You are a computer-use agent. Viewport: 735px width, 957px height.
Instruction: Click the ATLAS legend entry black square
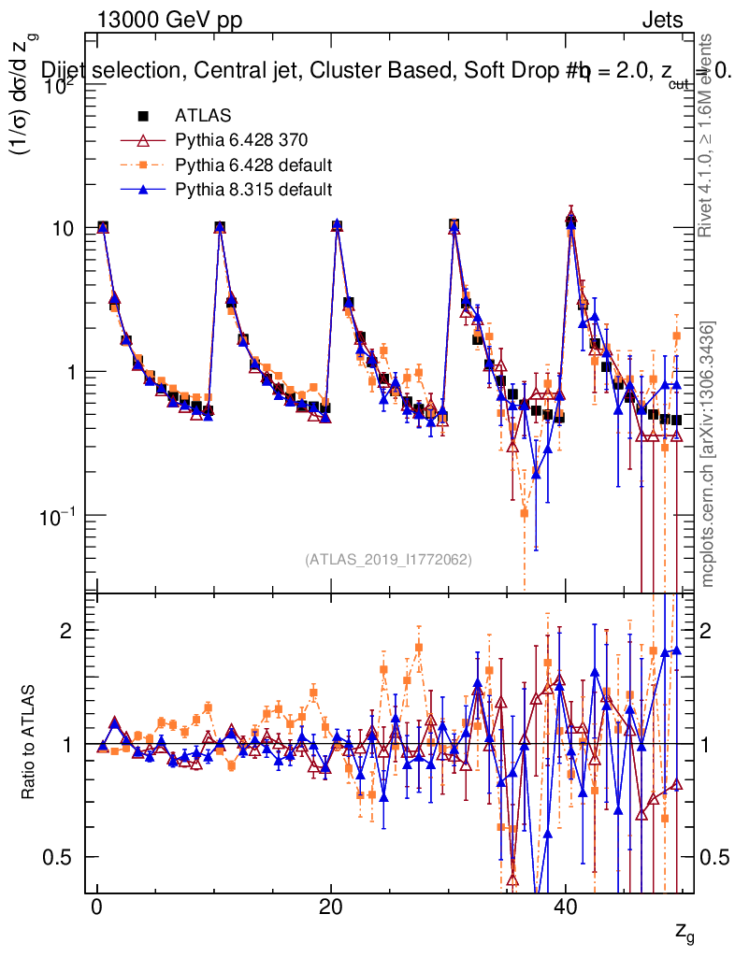(x=144, y=116)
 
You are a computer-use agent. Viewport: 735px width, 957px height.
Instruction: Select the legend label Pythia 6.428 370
(x=241, y=141)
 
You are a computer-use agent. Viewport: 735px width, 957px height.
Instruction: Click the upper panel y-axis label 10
(x=66, y=228)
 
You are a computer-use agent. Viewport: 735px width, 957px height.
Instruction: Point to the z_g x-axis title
(x=685, y=932)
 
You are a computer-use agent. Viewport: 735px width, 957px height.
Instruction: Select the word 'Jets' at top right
(x=662, y=21)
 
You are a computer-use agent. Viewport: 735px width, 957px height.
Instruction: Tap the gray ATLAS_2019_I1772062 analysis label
(x=388, y=560)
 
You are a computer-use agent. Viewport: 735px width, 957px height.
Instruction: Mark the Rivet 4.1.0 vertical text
(x=708, y=136)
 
